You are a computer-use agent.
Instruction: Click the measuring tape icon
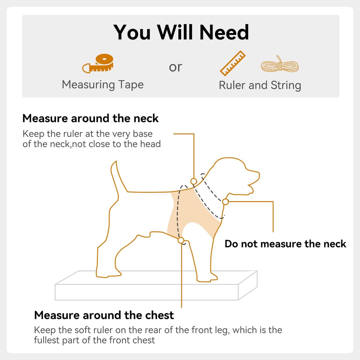coord(98,64)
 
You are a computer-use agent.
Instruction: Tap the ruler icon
coord(232,63)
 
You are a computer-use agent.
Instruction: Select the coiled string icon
coord(280,64)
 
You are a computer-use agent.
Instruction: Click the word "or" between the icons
coord(175,67)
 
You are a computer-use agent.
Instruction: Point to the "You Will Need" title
coord(181,32)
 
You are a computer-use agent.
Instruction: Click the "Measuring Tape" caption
coord(103,85)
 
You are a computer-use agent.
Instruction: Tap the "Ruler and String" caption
coord(260,85)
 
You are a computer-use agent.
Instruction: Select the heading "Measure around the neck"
coord(90,118)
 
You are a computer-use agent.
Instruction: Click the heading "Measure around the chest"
coord(104,315)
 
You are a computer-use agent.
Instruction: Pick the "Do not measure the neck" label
coord(285,244)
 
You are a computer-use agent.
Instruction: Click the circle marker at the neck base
coord(194,181)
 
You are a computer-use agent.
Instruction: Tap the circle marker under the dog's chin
coord(226,202)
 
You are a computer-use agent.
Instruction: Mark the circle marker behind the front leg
coord(181,240)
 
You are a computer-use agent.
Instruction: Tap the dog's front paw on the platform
coord(207,278)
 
